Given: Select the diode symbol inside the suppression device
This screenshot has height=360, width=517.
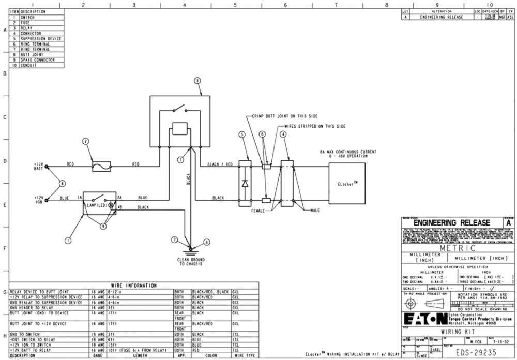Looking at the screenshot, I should [245, 183].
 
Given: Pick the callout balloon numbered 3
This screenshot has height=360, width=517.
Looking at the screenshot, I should [197, 81].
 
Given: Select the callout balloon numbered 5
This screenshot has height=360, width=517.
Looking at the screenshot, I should [241, 134].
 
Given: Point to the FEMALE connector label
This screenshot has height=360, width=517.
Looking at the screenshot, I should [258, 211].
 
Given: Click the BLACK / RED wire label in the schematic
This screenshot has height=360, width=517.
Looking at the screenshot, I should [219, 164].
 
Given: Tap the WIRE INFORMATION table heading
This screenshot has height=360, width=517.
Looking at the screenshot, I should [133, 286].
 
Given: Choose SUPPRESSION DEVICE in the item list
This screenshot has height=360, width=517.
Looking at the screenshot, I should [41, 39].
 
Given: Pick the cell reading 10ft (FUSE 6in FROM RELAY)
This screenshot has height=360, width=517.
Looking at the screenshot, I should [136, 351].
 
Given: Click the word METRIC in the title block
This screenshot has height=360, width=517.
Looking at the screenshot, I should [458, 248].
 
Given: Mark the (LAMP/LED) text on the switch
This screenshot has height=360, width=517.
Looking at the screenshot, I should [96, 205].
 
